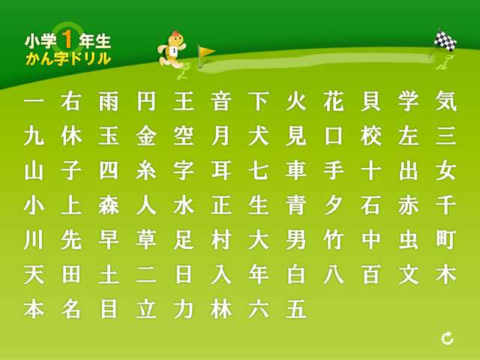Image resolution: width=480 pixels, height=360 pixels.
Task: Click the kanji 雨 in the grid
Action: tap(109, 102)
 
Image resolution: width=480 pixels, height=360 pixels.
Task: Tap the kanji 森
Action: tap(109, 205)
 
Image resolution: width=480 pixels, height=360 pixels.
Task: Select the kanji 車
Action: tap(296, 170)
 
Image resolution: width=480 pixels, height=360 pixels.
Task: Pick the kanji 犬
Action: tap(259, 136)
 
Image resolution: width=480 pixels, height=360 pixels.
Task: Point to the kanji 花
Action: tap(334, 102)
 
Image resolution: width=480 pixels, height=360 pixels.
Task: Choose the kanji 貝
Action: tap(371, 102)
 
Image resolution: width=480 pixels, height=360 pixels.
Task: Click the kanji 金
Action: tap(146, 136)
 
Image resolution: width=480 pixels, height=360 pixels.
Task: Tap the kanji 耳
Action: tap(221, 170)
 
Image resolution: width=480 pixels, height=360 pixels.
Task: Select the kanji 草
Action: tap(146, 240)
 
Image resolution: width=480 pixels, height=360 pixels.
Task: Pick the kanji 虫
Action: tap(409, 240)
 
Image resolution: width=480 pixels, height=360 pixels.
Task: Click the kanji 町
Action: tap(446, 240)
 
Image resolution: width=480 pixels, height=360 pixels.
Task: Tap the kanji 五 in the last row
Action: tap(296, 309)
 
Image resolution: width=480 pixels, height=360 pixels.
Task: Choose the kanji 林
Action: tap(221, 309)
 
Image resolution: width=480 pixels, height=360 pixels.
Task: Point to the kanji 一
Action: tap(34, 102)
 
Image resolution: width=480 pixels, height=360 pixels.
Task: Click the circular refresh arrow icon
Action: tap(448, 338)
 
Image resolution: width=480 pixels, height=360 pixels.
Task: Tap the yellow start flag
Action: tap(206, 51)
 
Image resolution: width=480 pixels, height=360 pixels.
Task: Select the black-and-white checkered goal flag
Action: tap(445, 40)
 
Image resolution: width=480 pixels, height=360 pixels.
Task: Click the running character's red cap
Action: tap(175, 33)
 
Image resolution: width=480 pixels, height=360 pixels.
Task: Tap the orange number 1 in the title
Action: tap(67, 40)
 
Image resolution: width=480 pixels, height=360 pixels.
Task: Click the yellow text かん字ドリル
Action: tap(68, 58)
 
